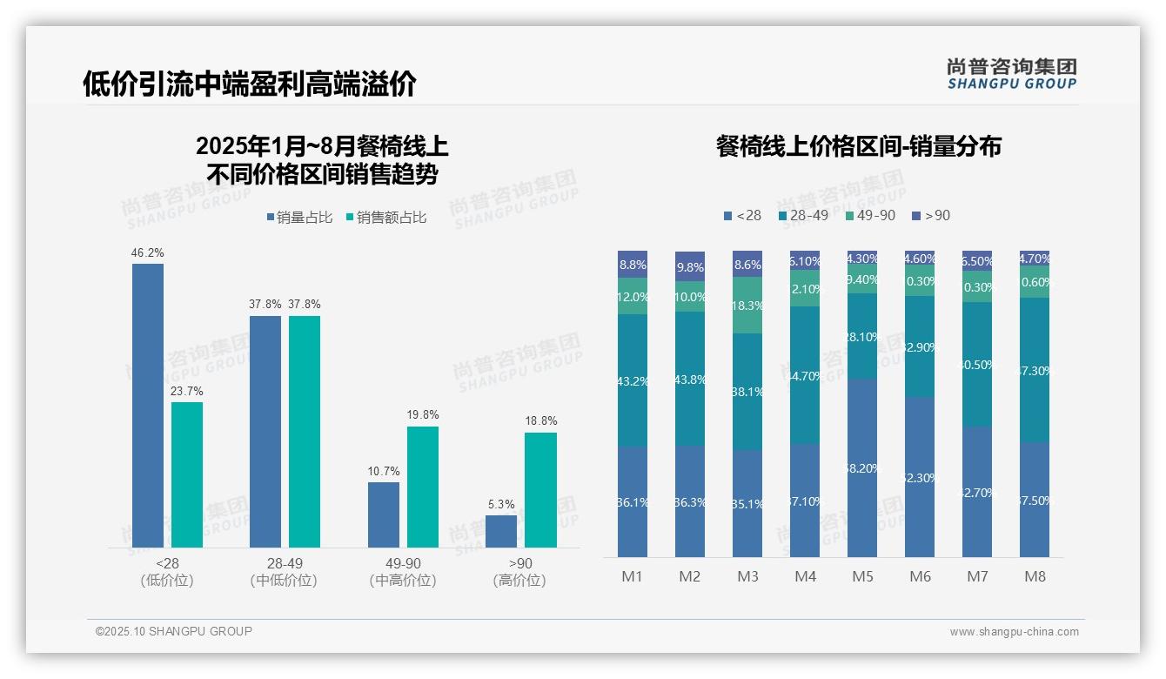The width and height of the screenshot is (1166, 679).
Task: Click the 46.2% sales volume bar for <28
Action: (148, 405)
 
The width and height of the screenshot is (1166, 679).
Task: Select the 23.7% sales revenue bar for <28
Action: (187, 474)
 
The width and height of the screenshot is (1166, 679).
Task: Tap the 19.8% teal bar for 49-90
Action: (423, 487)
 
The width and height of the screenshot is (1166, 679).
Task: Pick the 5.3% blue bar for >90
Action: (501, 531)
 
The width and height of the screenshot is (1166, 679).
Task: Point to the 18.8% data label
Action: (541, 421)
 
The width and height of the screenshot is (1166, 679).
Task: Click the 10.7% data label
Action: (384, 471)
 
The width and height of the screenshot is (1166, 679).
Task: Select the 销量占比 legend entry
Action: (299, 218)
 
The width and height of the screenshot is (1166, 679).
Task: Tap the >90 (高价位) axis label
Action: (519, 572)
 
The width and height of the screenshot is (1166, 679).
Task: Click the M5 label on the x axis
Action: (862, 576)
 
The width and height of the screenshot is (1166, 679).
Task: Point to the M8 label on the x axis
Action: (1035, 576)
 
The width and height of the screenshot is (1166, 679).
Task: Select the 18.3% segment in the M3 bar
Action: (747, 305)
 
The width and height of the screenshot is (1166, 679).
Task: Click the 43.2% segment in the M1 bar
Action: (633, 380)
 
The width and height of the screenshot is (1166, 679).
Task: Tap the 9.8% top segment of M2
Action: (690, 266)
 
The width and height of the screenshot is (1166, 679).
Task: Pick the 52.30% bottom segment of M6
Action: (920, 477)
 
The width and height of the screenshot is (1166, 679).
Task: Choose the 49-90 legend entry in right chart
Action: (870, 215)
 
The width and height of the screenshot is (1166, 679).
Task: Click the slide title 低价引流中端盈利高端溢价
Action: (250, 84)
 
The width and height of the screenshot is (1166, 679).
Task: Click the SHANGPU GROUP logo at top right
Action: (1011, 74)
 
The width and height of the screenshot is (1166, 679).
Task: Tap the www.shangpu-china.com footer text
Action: (1014, 632)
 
